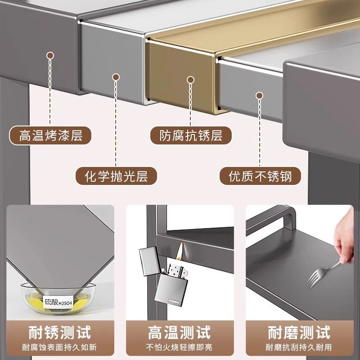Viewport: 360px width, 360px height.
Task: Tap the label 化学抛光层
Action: coord(116,175)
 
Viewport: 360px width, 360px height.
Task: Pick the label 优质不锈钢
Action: coord(260,175)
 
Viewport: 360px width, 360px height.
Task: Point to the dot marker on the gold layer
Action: coord(190,80)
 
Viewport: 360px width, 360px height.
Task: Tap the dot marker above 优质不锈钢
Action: coord(259,95)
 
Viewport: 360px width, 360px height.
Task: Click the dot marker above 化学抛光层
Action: coord(116,78)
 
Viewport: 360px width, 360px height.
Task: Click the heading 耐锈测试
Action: coord(59,333)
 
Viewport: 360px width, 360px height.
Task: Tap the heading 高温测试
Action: coord(180,333)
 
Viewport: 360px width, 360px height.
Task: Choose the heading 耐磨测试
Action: coord(299,333)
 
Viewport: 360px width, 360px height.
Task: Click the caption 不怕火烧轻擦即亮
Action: coord(180,348)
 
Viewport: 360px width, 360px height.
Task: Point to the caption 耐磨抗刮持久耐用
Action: coord(299,348)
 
